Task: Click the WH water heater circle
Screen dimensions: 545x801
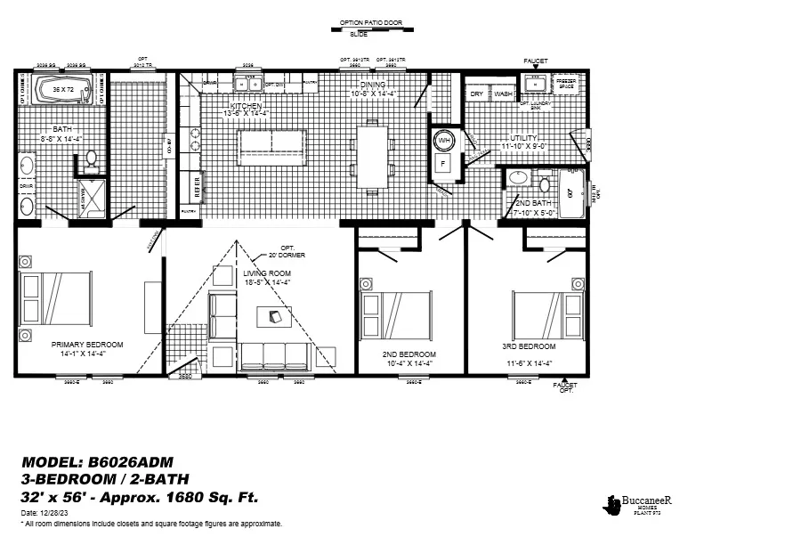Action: point(444,142)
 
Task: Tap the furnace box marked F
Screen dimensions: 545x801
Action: point(444,165)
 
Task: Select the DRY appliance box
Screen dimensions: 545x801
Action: point(477,94)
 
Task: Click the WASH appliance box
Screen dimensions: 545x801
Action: point(503,94)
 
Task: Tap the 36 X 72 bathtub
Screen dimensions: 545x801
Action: point(61,91)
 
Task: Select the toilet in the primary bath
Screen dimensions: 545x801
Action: point(91,160)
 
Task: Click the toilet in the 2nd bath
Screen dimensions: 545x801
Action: point(544,182)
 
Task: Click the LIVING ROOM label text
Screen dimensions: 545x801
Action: point(268,273)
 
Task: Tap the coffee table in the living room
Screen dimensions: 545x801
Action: point(273,317)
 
